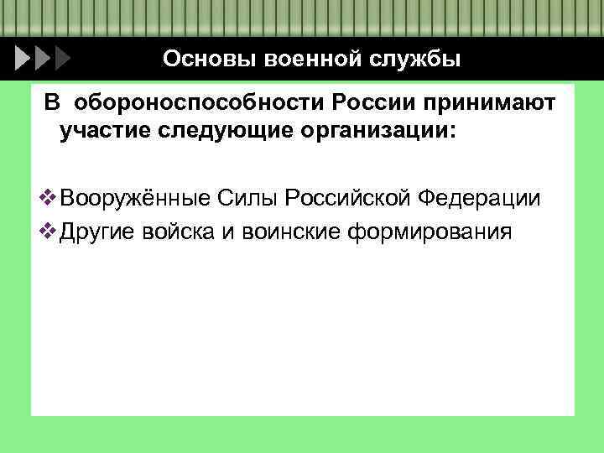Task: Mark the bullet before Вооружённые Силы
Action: click(47, 199)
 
